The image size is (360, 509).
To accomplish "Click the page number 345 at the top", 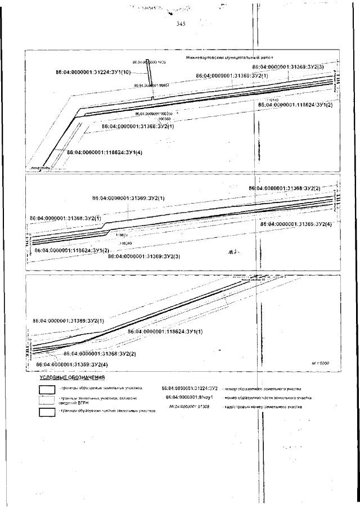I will click(x=181, y=24).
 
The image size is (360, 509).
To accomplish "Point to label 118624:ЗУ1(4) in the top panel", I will click(x=104, y=152).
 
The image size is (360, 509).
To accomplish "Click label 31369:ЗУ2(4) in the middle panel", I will click(x=296, y=224).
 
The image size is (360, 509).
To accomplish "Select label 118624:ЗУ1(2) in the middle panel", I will click(x=71, y=250).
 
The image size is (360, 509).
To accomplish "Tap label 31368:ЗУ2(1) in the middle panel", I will click(x=65, y=218).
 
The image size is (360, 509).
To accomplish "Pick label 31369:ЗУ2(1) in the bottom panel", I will click(x=68, y=321).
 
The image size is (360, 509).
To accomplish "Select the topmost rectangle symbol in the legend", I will click(x=47, y=389).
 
